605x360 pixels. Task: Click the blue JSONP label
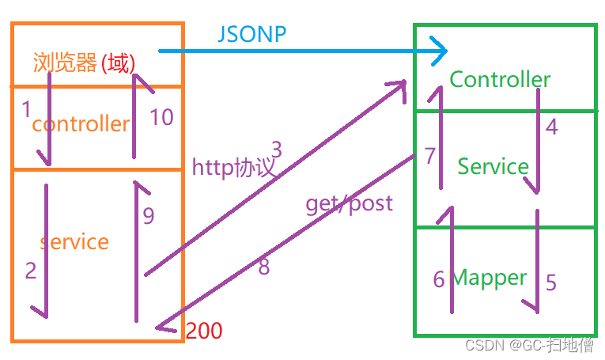coord(251,34)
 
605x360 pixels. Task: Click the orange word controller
coord(80,123)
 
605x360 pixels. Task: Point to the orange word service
coord(74,241)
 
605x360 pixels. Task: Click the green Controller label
coord(500,79)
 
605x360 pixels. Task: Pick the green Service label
coord(493,166)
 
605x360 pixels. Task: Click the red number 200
coord(203,331)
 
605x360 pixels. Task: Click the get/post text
coord(349,203)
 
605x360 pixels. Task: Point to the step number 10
coord(161,117)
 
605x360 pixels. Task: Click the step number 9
coord(149,214)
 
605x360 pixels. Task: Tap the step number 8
coord(264,267)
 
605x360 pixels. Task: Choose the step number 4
coord(551,126)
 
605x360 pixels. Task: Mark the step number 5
coord(551,282)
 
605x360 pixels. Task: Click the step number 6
coord(439,279)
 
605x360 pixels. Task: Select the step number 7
coord(429,156)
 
